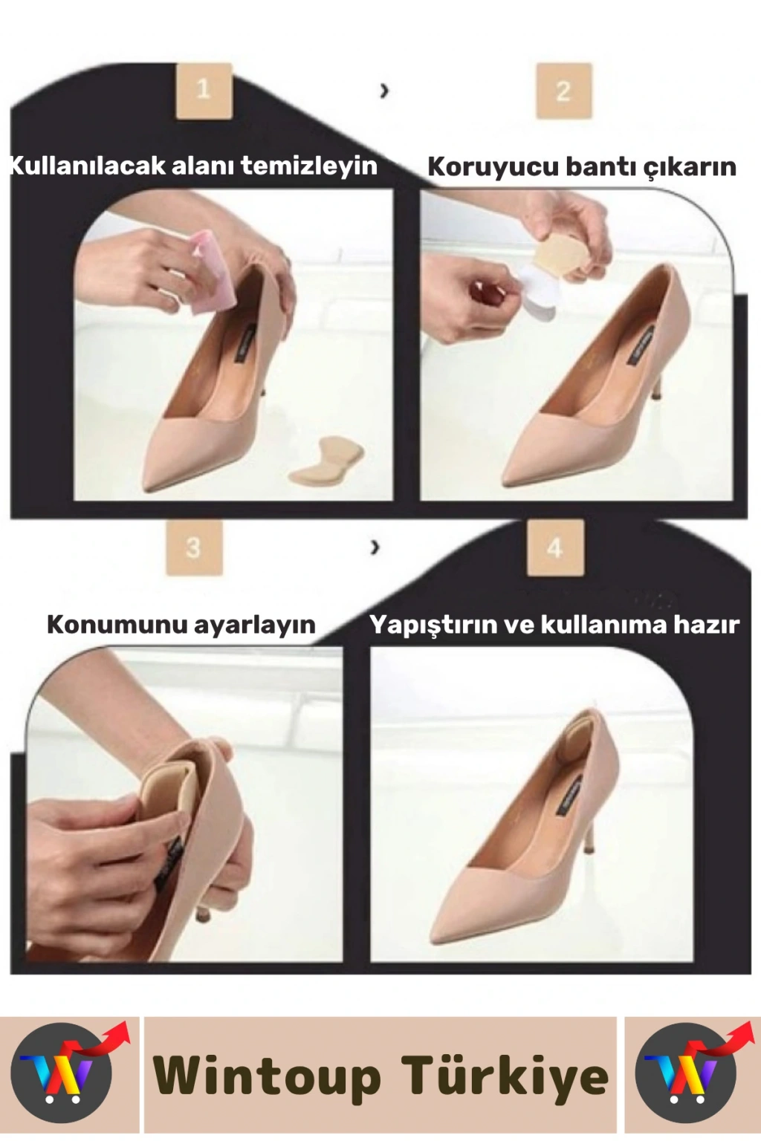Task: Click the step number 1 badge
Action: (x=204, y=90)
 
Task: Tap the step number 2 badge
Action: (x=563, y=91)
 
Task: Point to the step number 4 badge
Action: (x=555, y=548)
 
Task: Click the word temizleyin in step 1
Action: (x=309, y=166)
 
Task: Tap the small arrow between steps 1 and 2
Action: (x=386, y=91)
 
